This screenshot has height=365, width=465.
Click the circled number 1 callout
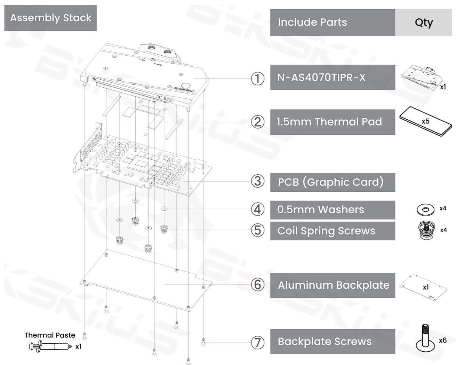pyautogui.click(x=258, y=78)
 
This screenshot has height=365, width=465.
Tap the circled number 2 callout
pyautogui.click(x=258, y=122)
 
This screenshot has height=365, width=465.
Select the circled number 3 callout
pyautogui.click(x=258, y=182)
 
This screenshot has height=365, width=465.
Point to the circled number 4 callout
pyautogui.click(x=258, y=209)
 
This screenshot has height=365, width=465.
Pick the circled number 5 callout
pyautogui.click(x=258, y=230)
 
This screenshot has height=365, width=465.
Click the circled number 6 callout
pyautogui.click(x=258, y=285)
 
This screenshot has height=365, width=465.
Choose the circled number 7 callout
pyautogui.click(x=258, y=342)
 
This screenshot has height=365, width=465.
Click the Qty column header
pyautogui.click(x=423, y=23)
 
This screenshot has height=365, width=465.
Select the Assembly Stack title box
pyautogui.click(x=50, y=18)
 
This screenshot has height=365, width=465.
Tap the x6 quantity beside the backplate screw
pyautogui.click(x=443, y=340)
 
